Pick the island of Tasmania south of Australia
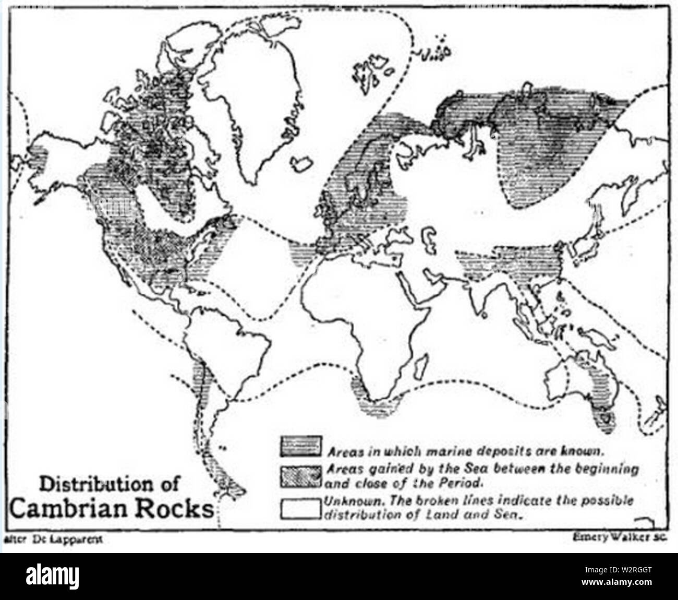tap(606, 417)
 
